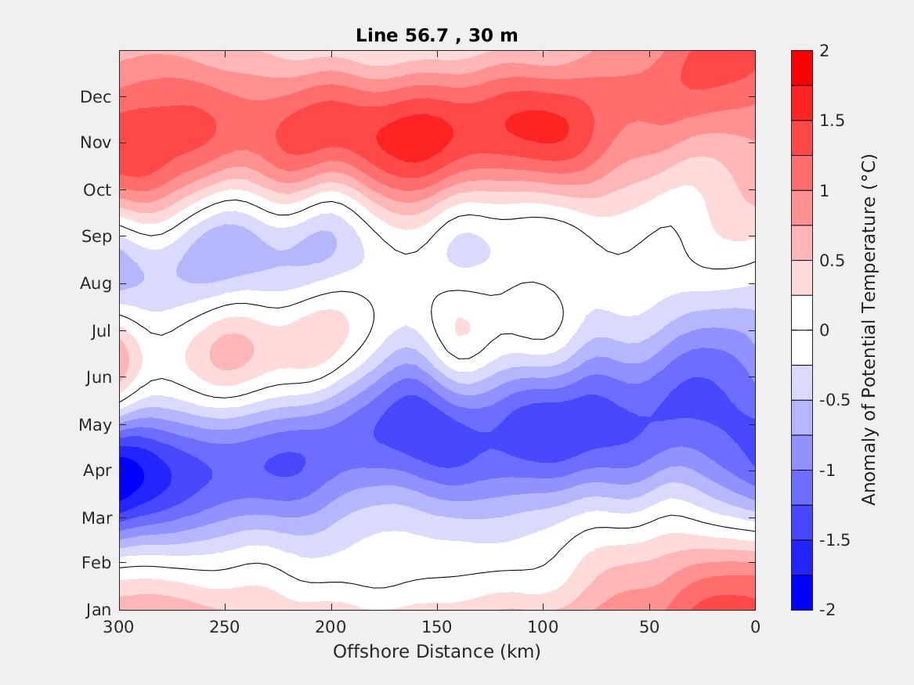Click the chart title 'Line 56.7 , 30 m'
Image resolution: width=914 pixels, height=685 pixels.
click(436, 35)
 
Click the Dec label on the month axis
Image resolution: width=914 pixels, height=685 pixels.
click(96, 97)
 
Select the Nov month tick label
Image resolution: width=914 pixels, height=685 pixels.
click(96, 143)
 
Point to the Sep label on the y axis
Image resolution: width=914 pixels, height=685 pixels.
click(96, 236)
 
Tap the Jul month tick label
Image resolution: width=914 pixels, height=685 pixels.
click(101, 330)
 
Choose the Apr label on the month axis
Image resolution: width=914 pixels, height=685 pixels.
click(97, 471)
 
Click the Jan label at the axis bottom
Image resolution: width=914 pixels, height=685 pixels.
click(98, 611)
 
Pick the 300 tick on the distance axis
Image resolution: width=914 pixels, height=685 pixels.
click(119, 627)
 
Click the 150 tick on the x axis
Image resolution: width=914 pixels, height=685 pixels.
click(437, 627)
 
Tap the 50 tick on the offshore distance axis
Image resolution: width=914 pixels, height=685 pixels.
click(649, 627)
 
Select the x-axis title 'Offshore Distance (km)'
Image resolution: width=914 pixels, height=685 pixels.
click(436, 651)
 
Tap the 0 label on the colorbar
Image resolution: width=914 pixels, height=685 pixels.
click(823, 330)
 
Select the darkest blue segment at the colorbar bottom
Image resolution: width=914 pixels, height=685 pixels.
click(802, 592)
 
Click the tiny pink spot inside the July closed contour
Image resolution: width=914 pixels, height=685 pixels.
click(462, 326)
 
